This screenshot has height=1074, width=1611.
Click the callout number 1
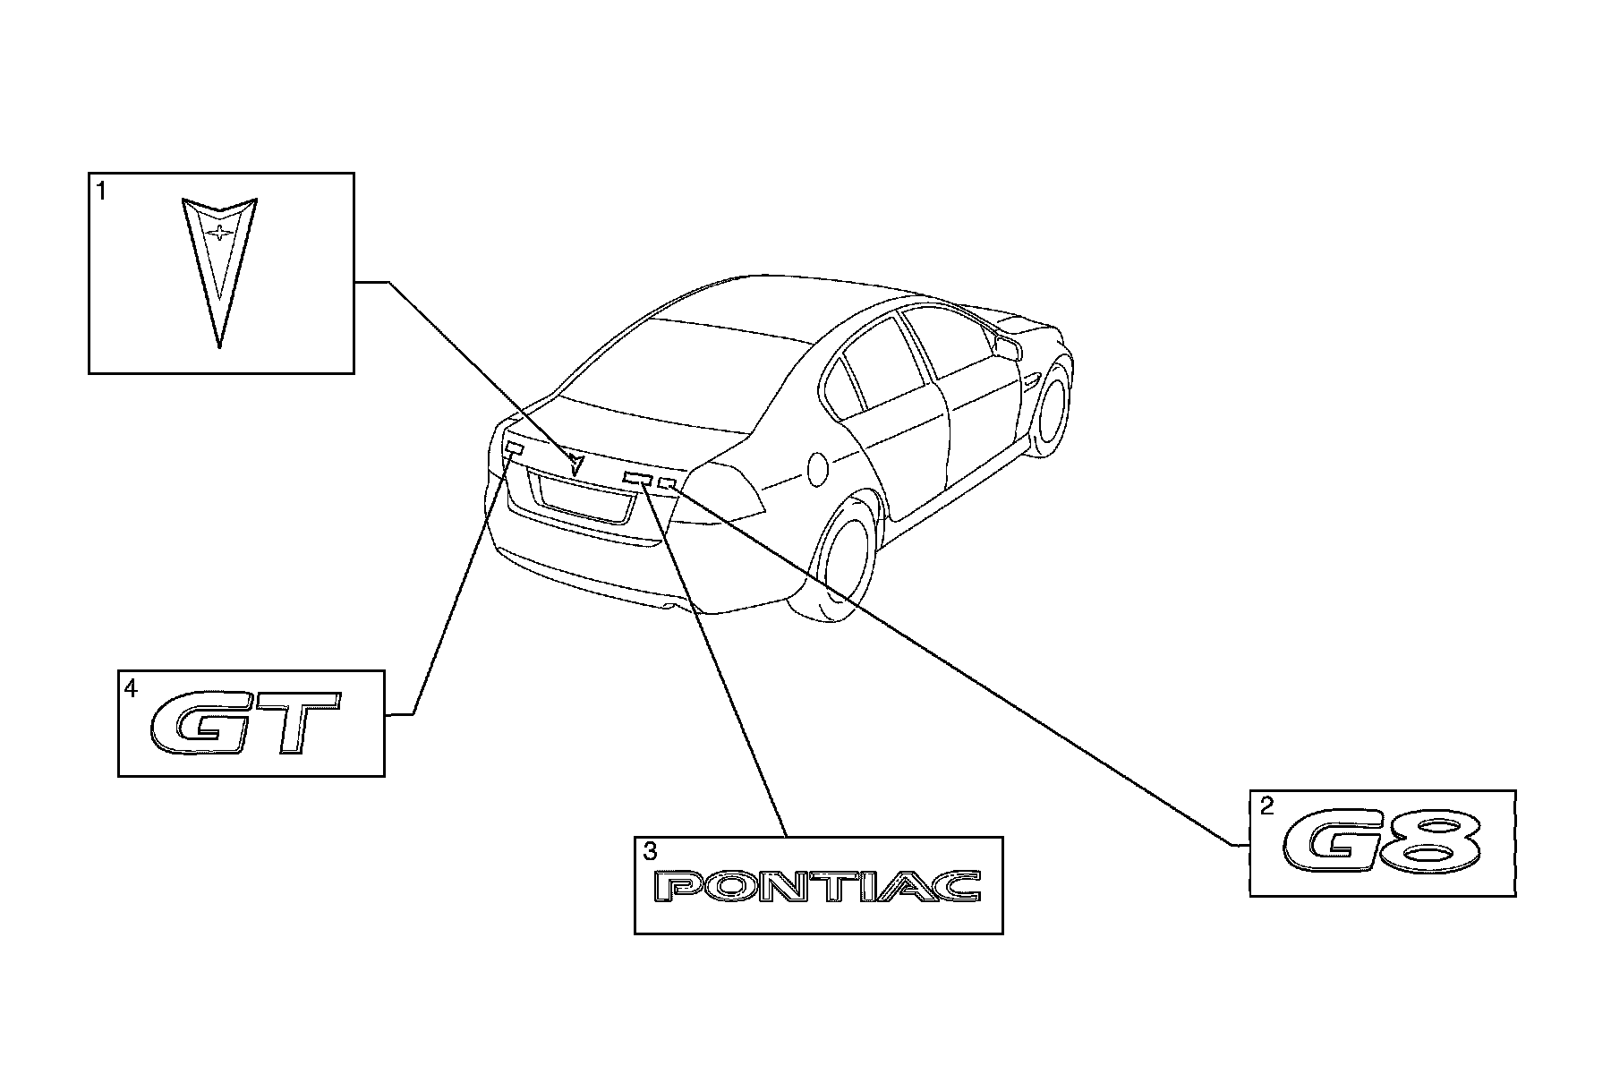[101, 192]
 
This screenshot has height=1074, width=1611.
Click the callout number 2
[1266, 807]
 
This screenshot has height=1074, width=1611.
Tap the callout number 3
[650, 853]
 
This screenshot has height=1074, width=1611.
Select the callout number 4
[131, 689]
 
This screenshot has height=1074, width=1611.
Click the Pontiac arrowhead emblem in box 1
[219, 268]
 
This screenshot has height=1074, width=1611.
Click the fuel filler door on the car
[818, 467]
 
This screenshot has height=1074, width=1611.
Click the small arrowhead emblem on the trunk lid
[575, 463]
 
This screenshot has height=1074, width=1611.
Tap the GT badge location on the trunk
[514, 447]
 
